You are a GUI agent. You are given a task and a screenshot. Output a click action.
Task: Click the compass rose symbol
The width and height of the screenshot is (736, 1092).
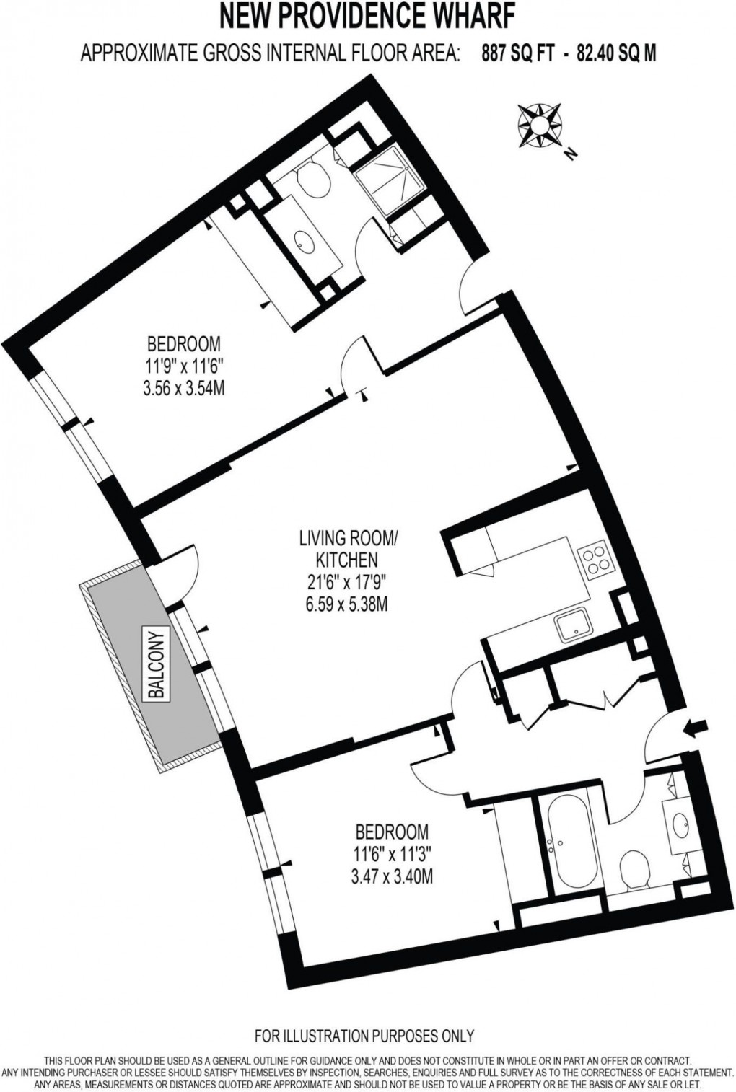click(539, 125)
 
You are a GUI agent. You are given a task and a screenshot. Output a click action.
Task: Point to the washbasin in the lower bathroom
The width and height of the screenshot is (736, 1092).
click(680, 822)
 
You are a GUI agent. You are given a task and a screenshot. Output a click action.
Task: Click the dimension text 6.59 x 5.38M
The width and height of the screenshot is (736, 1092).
click(346, 603)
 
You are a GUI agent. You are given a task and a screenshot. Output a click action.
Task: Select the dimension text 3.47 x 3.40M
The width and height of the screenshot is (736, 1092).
click(392, 877)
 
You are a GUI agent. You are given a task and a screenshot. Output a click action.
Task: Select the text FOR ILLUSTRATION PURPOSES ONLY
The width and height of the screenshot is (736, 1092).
click(364, 1036)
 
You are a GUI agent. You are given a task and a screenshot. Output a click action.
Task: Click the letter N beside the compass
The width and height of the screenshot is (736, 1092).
click(571, 153)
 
